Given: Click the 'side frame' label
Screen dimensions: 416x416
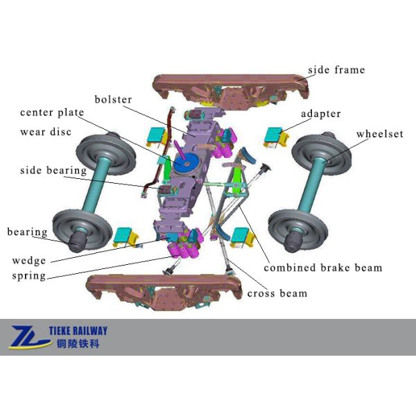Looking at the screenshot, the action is [336, 70].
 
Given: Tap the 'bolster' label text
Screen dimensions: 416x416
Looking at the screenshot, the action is [113, 99].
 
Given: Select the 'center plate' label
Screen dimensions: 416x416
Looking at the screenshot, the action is [52, 113].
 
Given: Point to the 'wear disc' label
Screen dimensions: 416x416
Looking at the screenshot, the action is [46, 132].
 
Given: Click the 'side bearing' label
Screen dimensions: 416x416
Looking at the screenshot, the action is [53, 171].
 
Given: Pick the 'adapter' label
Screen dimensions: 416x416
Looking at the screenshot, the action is [321, 114].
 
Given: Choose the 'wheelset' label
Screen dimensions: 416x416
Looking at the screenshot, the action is [380, 134].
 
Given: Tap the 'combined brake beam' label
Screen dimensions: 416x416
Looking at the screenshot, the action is [323, 268].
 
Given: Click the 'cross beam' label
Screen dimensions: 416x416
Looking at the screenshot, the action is [277, 293].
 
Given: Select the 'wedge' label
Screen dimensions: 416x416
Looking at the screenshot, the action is [29, 261].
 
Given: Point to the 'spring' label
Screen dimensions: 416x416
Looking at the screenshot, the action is [29, 276].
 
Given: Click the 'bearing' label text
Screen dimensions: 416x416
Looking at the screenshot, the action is [27, 232].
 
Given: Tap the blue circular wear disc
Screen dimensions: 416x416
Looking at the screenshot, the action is [187, 162].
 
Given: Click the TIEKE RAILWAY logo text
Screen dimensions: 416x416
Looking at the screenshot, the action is [78, 331].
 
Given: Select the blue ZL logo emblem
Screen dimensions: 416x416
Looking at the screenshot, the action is [30, 337].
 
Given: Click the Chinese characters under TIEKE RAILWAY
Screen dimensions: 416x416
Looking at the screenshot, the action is [78, 344].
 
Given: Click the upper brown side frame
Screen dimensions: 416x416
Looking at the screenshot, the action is [231, 89].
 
